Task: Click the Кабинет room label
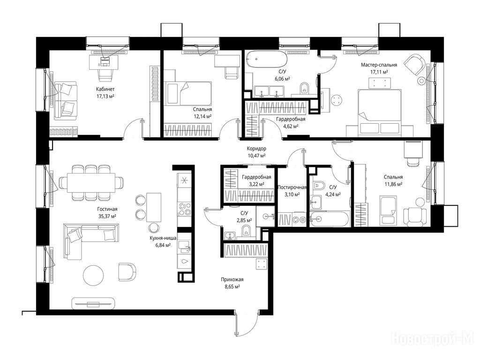click(x=105, y=89)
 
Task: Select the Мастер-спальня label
click(x=379, y=65)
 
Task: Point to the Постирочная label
click(x=292, y=187)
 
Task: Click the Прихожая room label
click(x=232, y=279)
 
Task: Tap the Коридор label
click(x=256, y=149)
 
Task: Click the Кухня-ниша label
click(x=163, y=238)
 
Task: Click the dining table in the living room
click(x=91, y=183)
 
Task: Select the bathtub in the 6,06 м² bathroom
click(x=267, y=60)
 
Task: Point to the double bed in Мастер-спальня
click(x=380, y=112)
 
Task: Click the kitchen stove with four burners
click(x=185, y=209)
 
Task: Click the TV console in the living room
click(x=93, y=303)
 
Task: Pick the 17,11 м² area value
click(x=379, y=72)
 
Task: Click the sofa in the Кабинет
click(x=66, y=101)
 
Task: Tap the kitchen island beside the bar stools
click(x=154, y=207)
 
